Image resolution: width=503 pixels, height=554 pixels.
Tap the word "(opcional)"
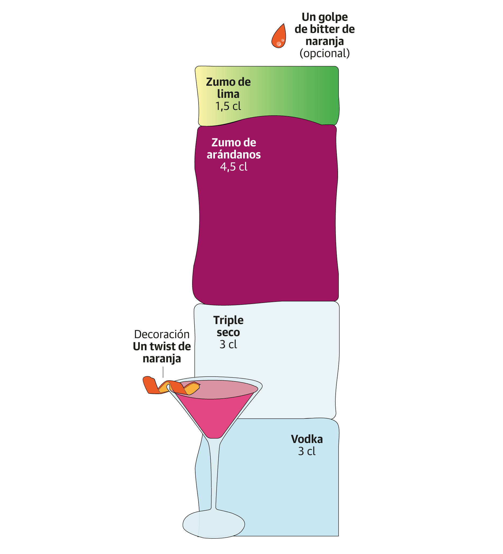[324, 53]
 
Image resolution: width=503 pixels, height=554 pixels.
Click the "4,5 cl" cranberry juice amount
[233, 167]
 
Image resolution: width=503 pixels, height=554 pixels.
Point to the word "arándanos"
[233, 155]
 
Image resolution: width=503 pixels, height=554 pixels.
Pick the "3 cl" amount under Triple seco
[228, 345]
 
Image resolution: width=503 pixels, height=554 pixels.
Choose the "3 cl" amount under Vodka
[307, 451]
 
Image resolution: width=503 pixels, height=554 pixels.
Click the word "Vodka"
[307, 439]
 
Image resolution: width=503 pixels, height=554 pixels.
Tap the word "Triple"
[228, 320]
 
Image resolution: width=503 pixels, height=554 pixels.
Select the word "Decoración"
[162, 334]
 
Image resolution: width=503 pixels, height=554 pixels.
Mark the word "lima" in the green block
[228, 94]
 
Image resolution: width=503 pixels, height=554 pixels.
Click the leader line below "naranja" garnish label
[163, 372]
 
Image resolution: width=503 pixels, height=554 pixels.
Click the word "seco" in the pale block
[228, 333]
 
